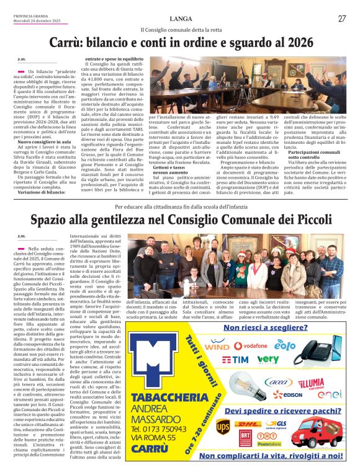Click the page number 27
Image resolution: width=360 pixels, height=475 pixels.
tap(342, 19)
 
